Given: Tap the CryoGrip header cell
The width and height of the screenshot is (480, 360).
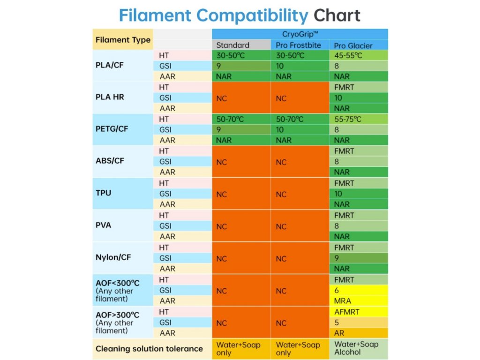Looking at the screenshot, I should [300, 34].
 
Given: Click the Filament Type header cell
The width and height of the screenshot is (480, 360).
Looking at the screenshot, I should [123, 40].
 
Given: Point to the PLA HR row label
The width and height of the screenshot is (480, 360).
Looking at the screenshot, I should [110, 97].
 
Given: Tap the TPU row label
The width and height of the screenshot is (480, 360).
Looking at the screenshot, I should [104, 193].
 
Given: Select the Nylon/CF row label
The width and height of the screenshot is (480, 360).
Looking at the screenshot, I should [113, 257].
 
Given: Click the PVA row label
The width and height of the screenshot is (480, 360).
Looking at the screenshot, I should [104, 225].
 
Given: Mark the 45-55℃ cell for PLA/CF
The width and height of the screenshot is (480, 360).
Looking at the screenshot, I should [359, 55].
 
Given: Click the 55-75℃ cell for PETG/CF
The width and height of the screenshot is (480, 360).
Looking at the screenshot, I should [359, 119].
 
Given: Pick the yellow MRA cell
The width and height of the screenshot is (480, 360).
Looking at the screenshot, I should [359, 300].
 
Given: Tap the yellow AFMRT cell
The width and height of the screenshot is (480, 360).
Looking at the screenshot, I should [359, 312].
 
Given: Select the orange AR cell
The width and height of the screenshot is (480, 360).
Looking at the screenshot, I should [359, 333].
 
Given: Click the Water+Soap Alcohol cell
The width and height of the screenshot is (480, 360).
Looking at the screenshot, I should [359, 348].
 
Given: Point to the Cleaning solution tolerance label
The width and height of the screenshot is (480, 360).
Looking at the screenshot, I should [149, 349].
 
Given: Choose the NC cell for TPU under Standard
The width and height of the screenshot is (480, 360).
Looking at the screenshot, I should [241, 194].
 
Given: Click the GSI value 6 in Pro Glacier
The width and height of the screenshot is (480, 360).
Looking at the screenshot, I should [359, 290].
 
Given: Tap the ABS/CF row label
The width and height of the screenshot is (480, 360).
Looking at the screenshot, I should [110, 161].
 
